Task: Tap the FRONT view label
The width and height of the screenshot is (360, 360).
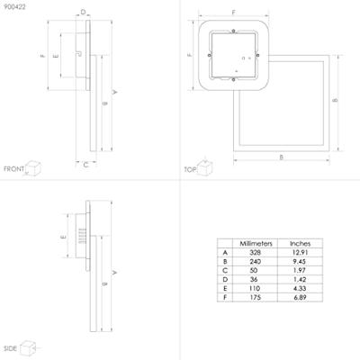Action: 13,169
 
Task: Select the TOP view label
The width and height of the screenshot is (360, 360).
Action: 190,169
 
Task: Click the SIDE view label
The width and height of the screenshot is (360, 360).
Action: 11,347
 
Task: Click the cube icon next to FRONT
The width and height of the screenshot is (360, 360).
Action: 35,167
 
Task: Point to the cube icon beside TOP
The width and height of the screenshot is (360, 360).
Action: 206,167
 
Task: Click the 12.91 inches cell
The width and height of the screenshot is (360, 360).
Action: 300,254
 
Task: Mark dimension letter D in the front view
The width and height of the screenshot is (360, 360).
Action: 83,13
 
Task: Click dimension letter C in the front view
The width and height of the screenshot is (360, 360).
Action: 85,165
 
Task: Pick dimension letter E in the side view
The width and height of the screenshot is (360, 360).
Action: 62,237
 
